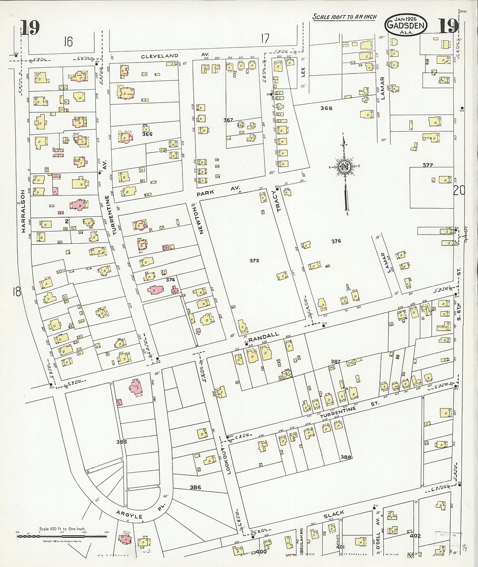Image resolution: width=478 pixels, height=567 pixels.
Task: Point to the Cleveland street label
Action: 159,56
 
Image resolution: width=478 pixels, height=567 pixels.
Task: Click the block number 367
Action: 229,120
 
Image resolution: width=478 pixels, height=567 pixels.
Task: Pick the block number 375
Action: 254,261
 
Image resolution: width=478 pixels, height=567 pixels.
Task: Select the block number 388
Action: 346,457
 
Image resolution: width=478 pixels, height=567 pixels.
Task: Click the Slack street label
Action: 334,514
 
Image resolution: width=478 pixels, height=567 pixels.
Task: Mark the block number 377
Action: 428,165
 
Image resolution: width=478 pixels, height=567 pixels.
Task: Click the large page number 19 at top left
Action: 30,28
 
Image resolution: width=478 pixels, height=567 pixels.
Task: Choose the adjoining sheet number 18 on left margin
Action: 17,292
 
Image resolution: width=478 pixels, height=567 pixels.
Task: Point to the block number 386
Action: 195,487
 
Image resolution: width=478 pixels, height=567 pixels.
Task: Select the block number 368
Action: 326,108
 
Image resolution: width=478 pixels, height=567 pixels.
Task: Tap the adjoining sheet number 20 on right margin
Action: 459,190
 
